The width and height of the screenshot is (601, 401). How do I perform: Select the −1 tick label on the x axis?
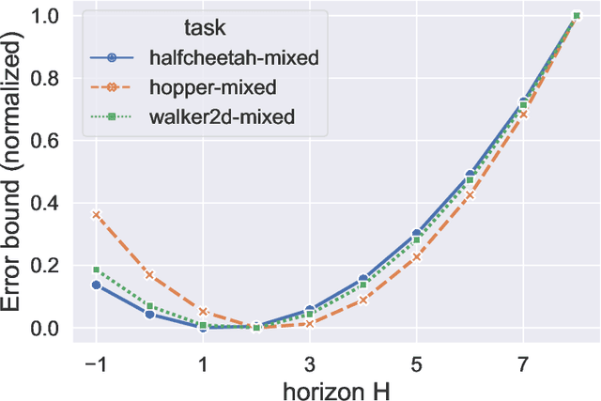click(x=94, y=362)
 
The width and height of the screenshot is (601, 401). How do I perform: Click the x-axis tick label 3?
click(x=310, y=362)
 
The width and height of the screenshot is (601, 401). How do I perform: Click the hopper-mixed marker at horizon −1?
click(x=96, y=215)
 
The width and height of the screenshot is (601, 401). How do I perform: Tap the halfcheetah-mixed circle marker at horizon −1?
click(x=96, y=285)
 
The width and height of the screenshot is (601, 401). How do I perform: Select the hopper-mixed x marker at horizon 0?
click(x=149, y=275)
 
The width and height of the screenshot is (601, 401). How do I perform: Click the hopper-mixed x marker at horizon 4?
click(x=363, y=301)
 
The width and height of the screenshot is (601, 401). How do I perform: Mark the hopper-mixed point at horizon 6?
click(x=470, y=195)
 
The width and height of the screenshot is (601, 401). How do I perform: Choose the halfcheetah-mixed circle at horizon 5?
click(x=417, y=234)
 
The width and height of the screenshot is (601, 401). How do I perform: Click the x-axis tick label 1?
click(x=203, y=362)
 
